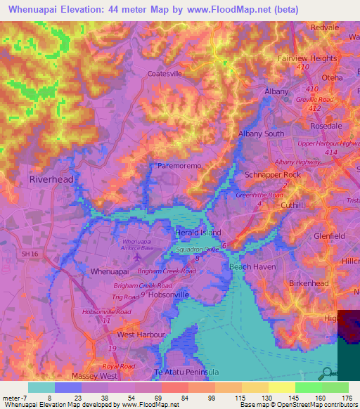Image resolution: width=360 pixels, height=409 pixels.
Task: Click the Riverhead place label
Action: coord(51,179)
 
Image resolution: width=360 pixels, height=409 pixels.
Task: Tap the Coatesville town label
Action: coord(165,72)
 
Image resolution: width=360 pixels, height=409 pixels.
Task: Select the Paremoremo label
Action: coord(179,165)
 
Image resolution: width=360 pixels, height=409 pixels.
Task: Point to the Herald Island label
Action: coord(198,233)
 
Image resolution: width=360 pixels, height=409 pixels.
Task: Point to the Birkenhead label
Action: coord(309,283)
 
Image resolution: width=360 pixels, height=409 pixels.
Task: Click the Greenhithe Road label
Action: coord(259,195)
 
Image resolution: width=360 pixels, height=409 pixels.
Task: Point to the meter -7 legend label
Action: coord(15,398)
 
